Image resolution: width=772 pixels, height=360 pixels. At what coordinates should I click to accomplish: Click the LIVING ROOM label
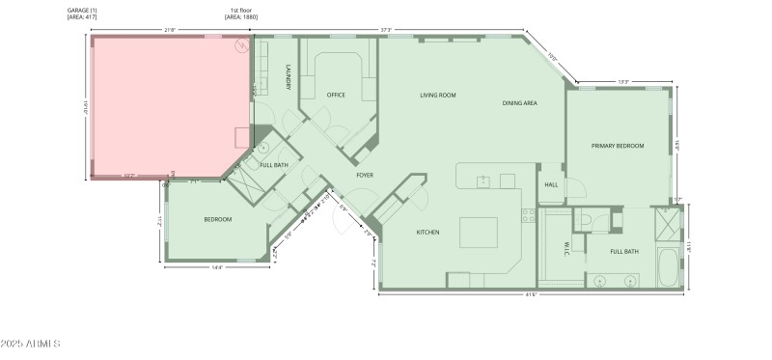pos(437,96)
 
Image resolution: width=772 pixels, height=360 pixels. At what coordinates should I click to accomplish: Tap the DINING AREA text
pos(519,103)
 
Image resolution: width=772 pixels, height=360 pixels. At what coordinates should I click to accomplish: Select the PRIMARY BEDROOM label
pos(618,146)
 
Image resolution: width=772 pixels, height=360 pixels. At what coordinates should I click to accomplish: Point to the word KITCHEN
pos(427,233)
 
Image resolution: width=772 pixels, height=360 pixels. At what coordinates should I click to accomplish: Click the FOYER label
pos(365,176)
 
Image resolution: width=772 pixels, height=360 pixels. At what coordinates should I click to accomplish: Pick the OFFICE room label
pos(336,96)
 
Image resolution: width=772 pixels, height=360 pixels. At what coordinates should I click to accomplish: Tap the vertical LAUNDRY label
pos(289,77)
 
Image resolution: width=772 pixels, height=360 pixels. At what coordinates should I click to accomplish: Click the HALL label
pos(551,184)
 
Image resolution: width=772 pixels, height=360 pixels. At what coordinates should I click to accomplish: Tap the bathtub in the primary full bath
pos(667,266)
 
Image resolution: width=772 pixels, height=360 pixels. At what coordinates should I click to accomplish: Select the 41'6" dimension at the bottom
pos(532,294)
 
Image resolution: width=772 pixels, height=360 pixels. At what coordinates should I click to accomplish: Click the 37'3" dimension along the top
pos(386,30)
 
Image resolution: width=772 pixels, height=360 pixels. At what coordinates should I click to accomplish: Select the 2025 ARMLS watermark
pos(31,345)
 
